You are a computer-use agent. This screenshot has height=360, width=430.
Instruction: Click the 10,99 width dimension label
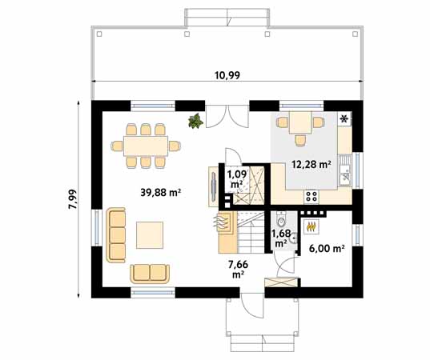click(x=227, y=75)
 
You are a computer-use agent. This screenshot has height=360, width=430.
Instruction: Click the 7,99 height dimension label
click(x=73, y=199)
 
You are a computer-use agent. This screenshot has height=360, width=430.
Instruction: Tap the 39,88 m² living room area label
click(x=161, y=192)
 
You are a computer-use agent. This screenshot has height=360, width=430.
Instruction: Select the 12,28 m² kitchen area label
click(x=311, y=164)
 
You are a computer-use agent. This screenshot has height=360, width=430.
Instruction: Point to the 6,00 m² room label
click(x=327, y=249)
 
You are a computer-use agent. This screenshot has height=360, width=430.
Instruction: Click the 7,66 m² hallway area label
click(x=239, y=269)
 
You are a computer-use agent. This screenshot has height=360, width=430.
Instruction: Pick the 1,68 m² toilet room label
click(x=281, y=238)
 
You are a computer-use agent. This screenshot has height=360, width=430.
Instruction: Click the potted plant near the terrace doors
click(x=196, y=121)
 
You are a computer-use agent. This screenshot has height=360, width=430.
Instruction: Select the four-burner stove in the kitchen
click(x=311, y=197)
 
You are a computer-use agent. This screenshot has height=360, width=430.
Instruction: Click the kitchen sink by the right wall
click(x=345, y=170)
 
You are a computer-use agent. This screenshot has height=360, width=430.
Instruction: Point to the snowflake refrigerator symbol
click(x=344, y=119)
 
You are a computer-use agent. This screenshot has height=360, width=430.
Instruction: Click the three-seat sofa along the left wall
click(x=116, y=235)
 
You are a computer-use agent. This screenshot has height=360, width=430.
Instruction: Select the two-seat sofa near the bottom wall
click(x=150, y=274)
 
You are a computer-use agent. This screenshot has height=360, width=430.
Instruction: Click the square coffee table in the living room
click(x=150, y=235)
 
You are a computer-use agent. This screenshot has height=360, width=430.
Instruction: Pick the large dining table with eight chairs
click(x=146, y=146)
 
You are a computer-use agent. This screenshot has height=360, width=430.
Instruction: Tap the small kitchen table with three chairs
click(x=300, y=127)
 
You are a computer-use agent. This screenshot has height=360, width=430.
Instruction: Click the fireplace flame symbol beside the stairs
click(x=221, y=222)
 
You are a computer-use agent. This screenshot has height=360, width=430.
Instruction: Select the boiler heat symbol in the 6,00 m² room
click(x=311, y=226)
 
